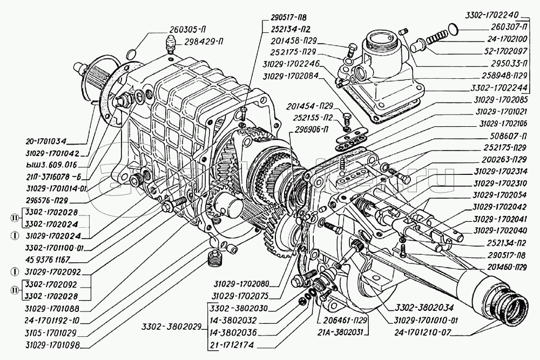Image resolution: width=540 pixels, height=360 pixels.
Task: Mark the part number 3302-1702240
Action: (504, 16)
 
